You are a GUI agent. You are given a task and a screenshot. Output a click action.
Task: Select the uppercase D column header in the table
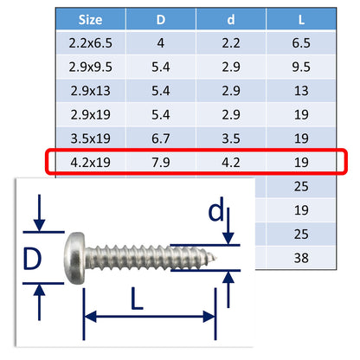coord(163,18)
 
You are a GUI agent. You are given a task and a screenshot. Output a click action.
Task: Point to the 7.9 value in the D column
coord(163,162)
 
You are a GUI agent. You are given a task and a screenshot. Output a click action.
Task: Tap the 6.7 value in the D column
coord(163,138)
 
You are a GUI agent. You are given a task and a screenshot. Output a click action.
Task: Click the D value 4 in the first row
coord(163,42)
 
